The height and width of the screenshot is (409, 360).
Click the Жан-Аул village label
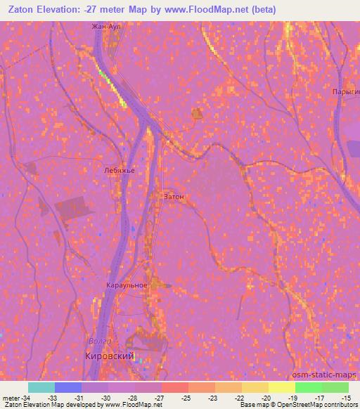[107, 27]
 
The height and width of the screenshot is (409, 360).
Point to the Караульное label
[127, 285]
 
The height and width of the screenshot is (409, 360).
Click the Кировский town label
[110, 356]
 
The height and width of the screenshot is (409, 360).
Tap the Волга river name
[99, 342]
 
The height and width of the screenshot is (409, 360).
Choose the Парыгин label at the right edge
[345, 92]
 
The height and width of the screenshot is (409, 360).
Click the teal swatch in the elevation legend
[41, 387]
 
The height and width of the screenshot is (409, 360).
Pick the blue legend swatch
[68, 387]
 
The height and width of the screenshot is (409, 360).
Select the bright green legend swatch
[308, 387]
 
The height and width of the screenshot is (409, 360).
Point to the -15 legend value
[347, 398]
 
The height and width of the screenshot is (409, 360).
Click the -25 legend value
[186, 398]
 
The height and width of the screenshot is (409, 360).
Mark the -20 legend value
[266, 398]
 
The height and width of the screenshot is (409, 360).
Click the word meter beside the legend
[10, 398]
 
